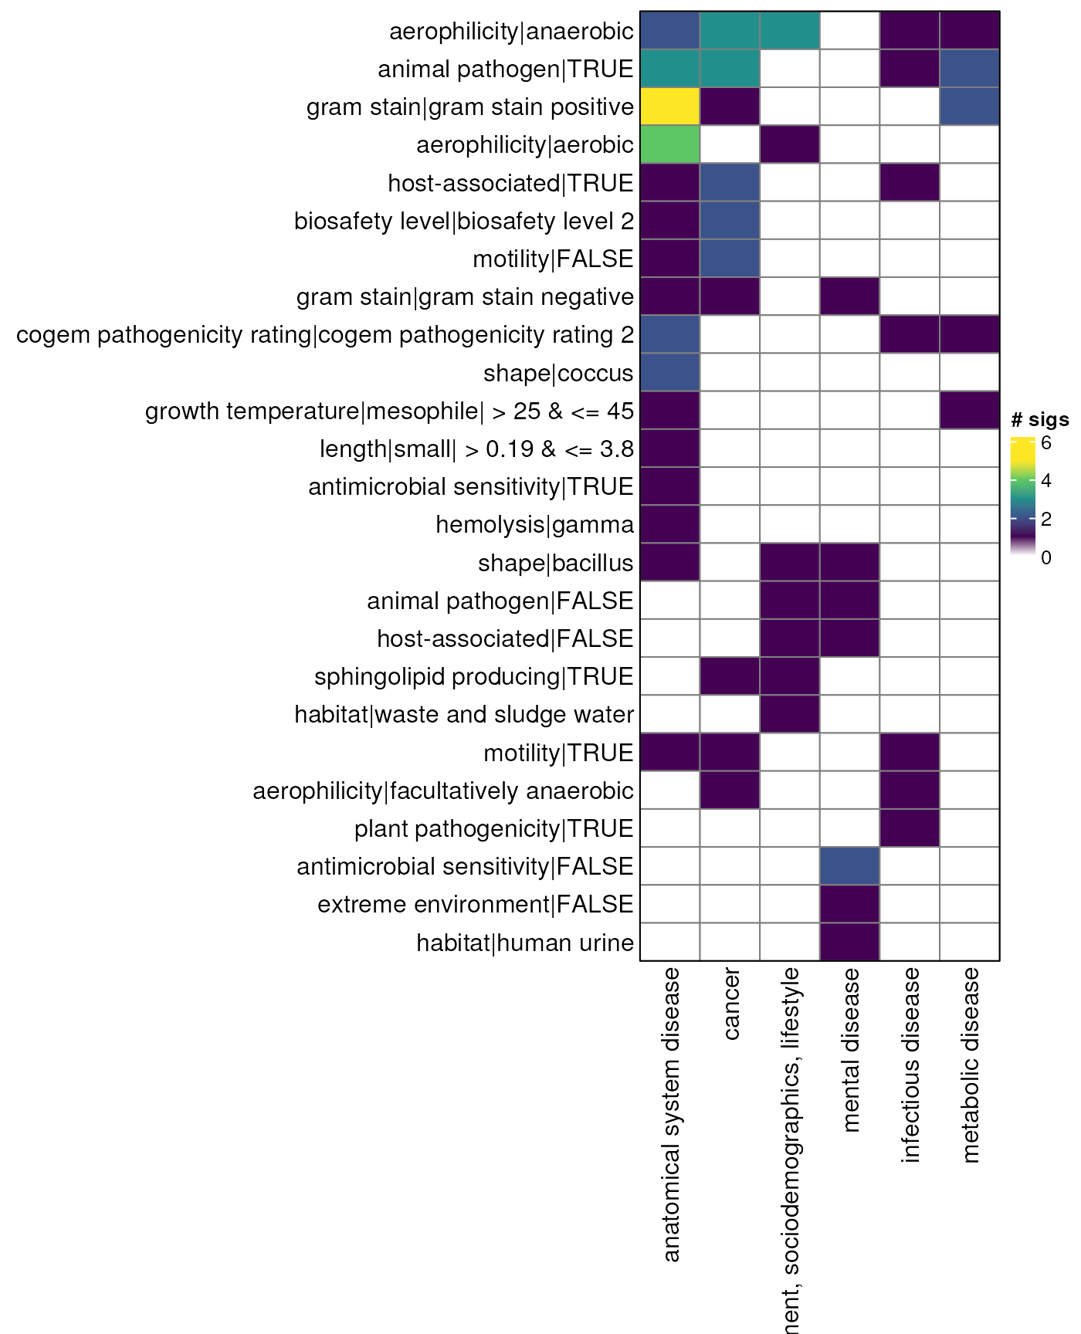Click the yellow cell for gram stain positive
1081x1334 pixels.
669,107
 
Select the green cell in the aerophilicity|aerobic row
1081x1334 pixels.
669,144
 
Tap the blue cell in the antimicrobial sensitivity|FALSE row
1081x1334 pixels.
849,866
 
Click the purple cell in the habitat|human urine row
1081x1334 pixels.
849,943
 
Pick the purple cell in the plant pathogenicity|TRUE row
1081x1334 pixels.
910,828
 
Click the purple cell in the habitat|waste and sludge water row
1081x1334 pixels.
789,714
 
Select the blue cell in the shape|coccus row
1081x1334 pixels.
669,373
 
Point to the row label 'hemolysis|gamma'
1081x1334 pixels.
534,525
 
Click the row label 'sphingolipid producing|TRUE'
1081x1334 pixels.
473,677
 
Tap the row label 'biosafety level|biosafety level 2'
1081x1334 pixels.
464,222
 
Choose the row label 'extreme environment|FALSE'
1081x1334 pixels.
475,905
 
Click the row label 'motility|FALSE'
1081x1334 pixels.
553,259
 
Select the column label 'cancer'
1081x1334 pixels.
730,1004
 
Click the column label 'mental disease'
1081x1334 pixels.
850,1050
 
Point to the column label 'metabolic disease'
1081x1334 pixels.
971,1065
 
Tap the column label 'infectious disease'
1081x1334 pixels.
910,1065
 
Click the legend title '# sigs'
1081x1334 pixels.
1039,420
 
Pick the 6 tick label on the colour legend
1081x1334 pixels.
1046,444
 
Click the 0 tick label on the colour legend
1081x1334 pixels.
1046,557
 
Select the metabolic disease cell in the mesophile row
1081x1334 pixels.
970,411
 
